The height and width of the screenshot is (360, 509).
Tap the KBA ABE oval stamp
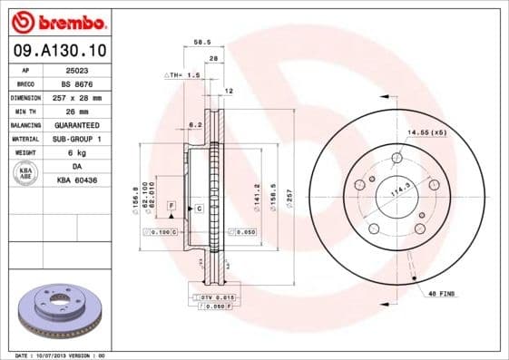pos(26,173)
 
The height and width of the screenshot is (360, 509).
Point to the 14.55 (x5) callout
pos(427,133)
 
